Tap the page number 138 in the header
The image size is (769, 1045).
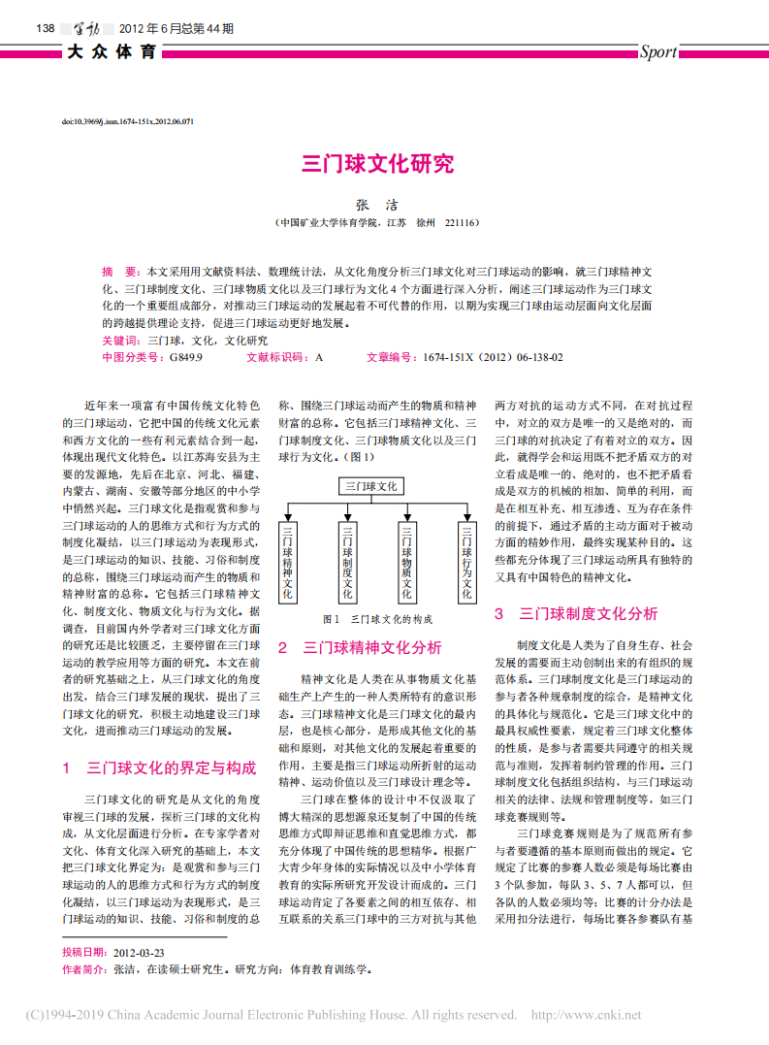pyautogui.click(x=43, y=28)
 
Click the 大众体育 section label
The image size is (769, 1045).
pyautogui.click(x=112, y=52)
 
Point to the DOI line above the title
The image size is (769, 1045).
pyautogui.click(x=128, y=122)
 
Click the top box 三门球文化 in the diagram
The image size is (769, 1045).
pyautogui.click(x=372, y=486)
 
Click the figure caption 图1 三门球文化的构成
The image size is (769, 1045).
pyautogui.click(x=377, y=619)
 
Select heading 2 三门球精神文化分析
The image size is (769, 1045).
pyautogui.click(x=360, y=647)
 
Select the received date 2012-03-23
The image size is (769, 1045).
pyautogui.click(x=139, y=953)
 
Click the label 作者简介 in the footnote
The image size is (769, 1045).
pyautogui.click(x=84, y=968)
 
